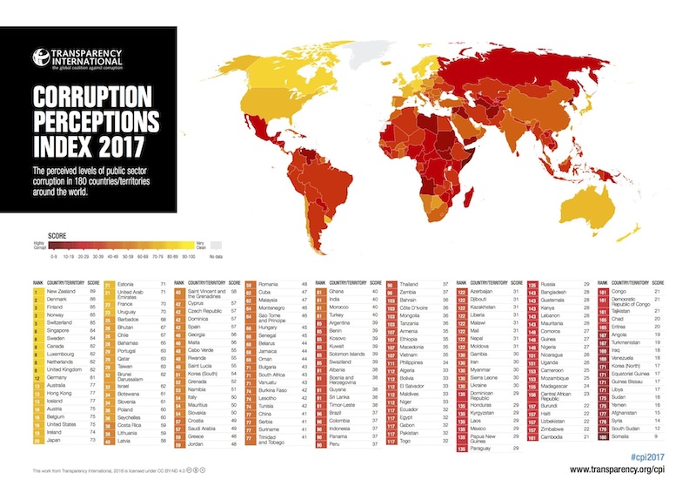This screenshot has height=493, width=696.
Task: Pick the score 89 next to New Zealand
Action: click(x=92, y=291)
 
